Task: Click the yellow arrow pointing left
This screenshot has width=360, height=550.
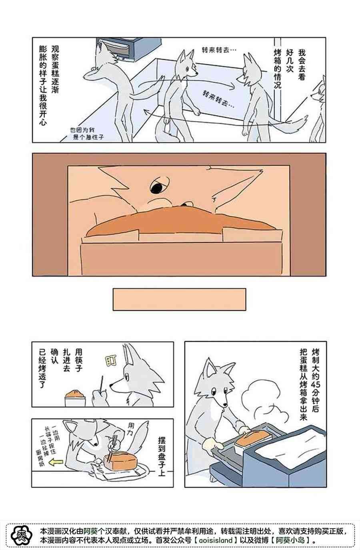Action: (56, 462)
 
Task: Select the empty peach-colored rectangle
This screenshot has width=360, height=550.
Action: (179, 299)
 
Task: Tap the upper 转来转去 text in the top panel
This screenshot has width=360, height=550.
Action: (219, 50)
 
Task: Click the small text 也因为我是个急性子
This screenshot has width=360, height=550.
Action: (87, 134)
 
